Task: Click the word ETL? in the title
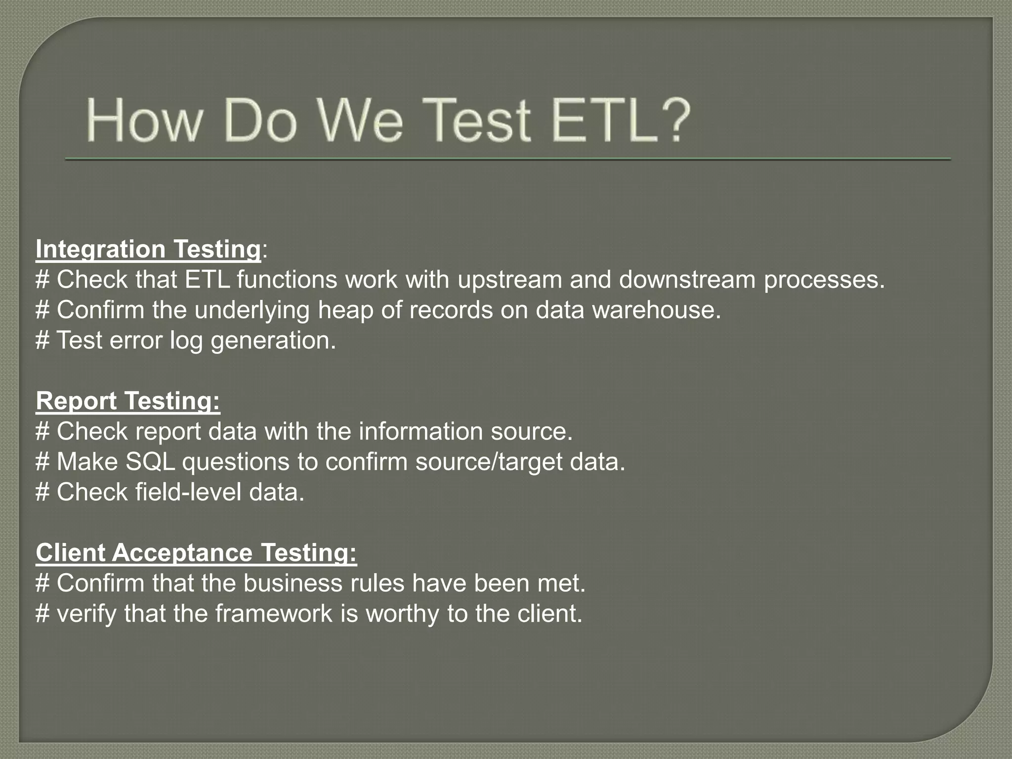click(620, 120)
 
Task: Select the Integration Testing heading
click(148, 249)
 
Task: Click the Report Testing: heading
click(127, 401)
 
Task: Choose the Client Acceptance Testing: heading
click(196, 552)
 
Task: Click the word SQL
click(150, 462)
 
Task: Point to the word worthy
click(402, 614)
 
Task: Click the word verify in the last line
click(85, 614)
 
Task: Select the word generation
click(273, 341)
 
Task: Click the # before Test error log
click(42, 341)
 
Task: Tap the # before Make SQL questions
click(42, 462)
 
